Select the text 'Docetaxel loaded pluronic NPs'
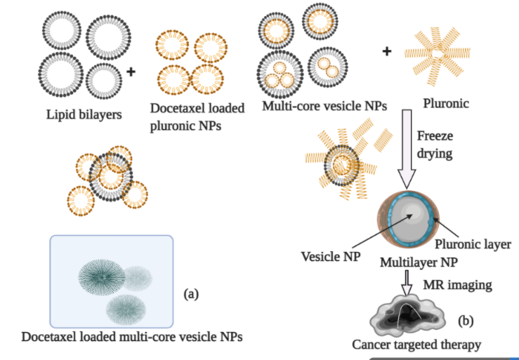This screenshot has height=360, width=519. pos(197,116)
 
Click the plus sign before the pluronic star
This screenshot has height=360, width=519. pos(386,51)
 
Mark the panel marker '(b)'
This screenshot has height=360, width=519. pos(466,321)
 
